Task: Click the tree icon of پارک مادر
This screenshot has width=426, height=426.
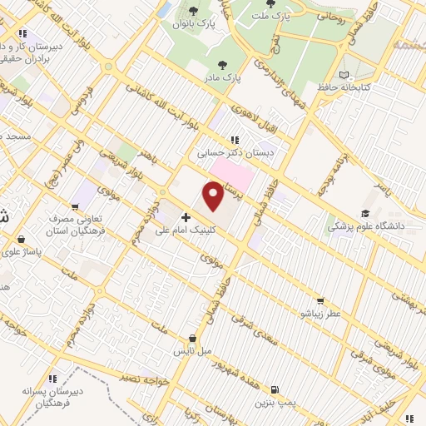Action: pyautogui.click(x=222, y=64)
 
